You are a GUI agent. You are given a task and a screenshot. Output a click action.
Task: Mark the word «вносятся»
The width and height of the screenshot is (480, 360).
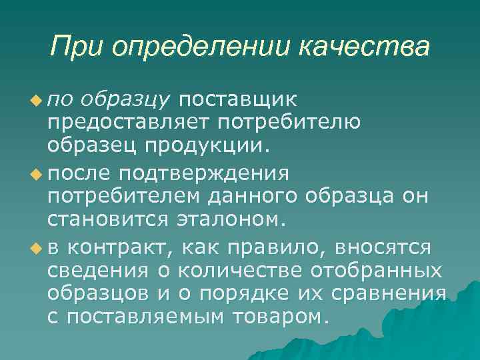click(x=385, y=248)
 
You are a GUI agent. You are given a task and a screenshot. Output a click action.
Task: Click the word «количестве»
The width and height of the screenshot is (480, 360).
click(x=239, y=271)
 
